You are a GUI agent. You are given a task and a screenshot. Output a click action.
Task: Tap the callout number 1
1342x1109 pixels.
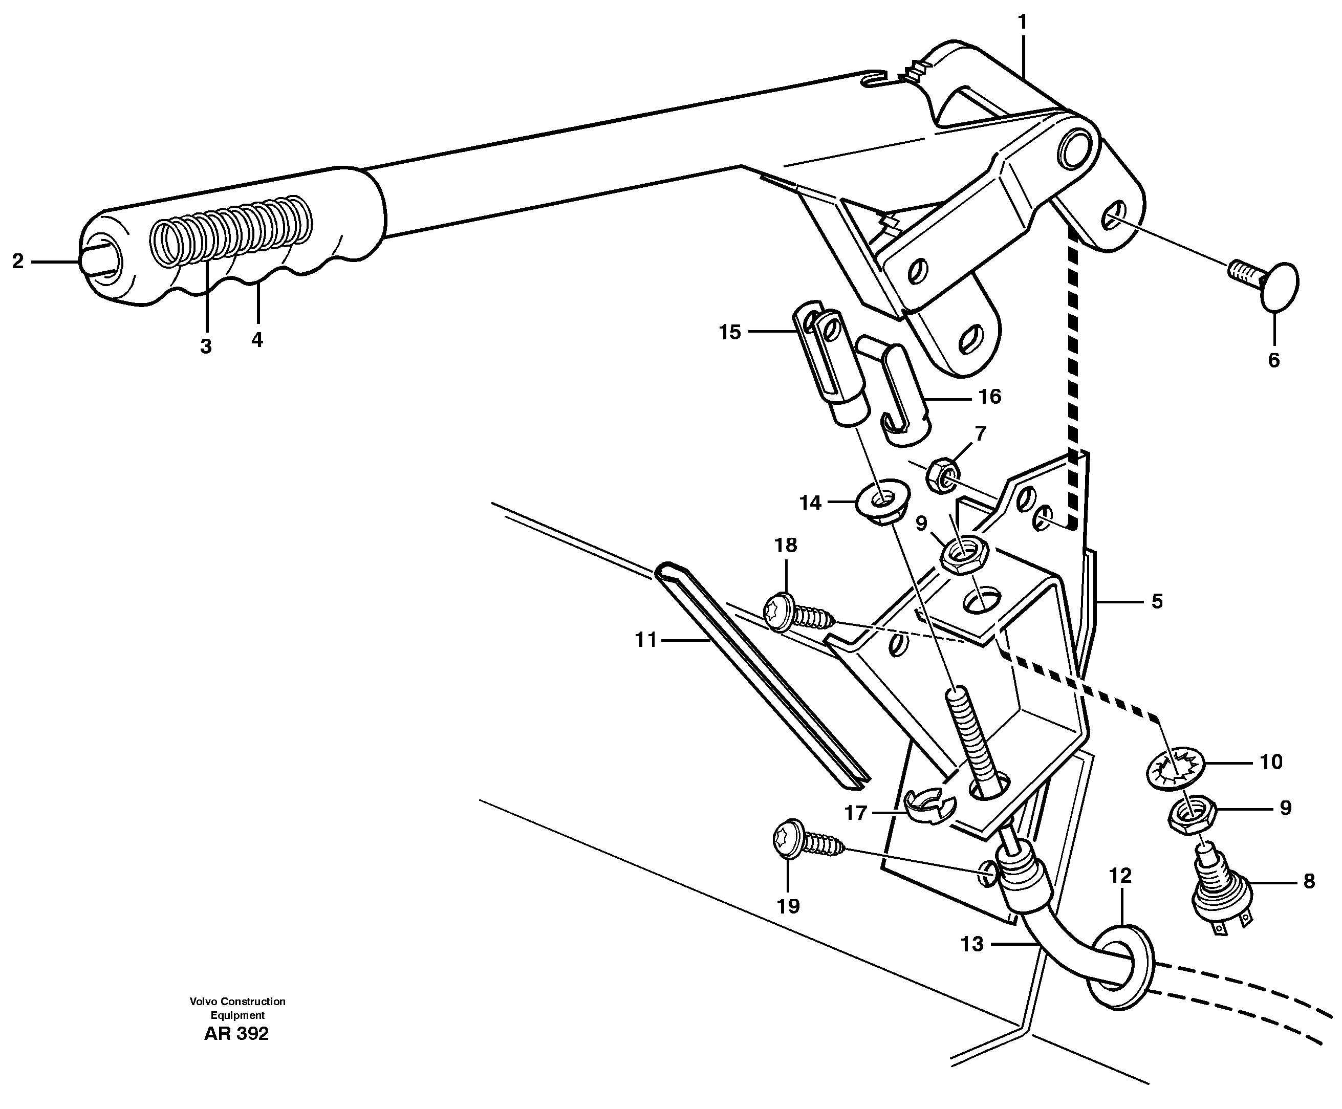[1023, 23]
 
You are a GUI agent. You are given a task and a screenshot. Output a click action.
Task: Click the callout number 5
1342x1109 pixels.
[1157, 601]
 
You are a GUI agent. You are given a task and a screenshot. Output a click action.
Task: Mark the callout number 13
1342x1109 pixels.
[972, 944]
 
